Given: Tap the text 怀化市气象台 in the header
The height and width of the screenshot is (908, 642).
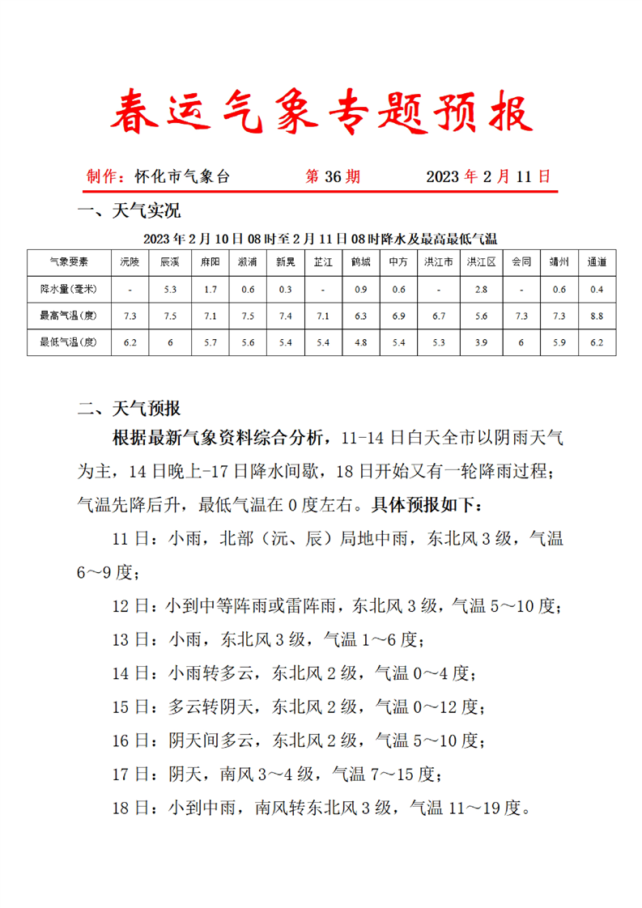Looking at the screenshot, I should pos(182,176).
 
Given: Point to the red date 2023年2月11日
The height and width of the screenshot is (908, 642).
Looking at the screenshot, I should pos(488,176).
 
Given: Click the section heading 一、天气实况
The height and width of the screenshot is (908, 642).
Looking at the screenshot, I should pos(129,212).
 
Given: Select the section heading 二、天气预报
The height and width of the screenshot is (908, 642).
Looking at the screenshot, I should pos(129,407).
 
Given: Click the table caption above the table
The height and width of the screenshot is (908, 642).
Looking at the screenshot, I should pos(320,239).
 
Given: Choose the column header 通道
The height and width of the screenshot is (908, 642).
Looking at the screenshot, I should pos(597,262).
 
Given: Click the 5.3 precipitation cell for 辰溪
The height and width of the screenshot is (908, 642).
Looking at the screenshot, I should pos(170,289).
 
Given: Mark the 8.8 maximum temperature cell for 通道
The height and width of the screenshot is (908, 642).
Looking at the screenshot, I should pos(597,316).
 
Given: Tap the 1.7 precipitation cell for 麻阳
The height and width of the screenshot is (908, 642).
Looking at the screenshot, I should pos(210,289).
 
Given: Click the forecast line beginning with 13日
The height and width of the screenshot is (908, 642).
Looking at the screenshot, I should pos(267,639).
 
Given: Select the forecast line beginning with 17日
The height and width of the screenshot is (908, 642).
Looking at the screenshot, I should pos(277,774).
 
